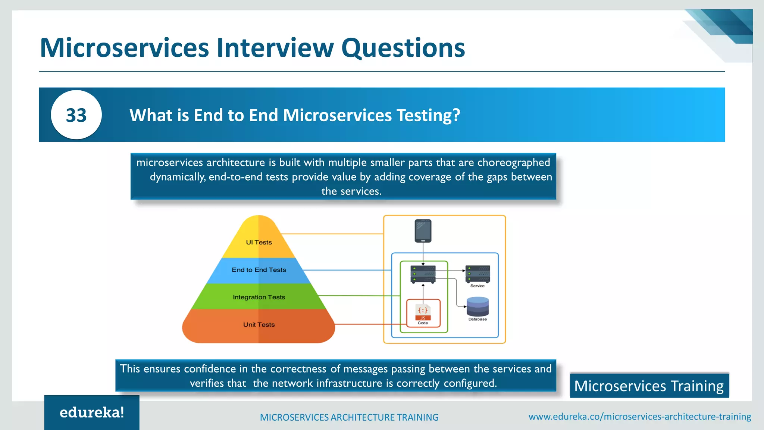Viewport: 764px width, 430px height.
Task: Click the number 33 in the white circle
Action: [76, 115]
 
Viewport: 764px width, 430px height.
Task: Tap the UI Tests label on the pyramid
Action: [259, 242]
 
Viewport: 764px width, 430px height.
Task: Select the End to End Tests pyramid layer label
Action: [259, 270]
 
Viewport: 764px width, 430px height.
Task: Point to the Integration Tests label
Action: [259, 297]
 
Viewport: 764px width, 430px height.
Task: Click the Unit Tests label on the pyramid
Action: [259, 325]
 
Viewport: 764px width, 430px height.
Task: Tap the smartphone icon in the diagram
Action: [423, 231]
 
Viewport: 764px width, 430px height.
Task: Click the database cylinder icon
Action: [477, 306]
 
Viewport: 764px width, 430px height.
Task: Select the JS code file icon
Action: [423, 312]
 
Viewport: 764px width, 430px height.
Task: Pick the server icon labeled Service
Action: [477, 274]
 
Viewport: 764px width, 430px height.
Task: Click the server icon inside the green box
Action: [423, 274]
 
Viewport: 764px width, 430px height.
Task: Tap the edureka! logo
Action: [92, 412]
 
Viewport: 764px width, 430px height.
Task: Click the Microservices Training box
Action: [649, 386]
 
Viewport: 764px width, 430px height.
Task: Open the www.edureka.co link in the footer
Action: [639, 417]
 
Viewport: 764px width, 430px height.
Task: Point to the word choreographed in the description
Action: [513, 163]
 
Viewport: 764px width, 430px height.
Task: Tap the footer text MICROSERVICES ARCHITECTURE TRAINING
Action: [349, 417]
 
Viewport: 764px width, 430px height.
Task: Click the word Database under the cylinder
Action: [477, 319]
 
